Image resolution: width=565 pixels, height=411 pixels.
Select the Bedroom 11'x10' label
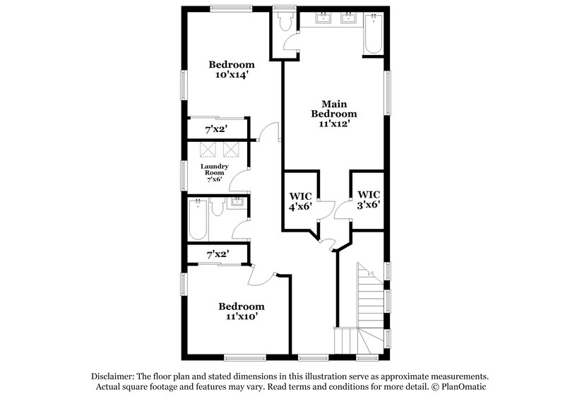(x=241, y=311)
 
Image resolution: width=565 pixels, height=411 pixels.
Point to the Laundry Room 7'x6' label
(x=214, y=172)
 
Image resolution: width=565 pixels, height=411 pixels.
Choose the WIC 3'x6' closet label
(x=369, y=200)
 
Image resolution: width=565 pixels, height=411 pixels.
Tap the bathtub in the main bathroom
(x=373, y=33)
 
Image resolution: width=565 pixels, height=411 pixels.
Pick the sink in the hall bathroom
(x=237, y=205)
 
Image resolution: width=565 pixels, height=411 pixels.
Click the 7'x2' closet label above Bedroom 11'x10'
(x=217, y=254)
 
